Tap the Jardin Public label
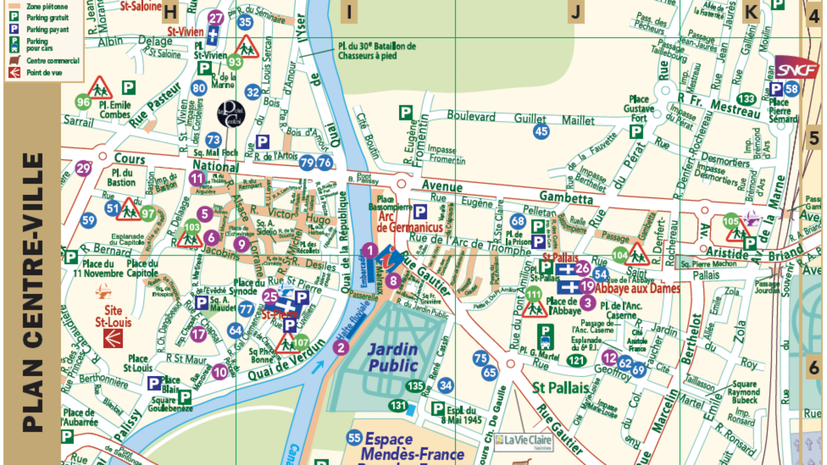tap(393, 357)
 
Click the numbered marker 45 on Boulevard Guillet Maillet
tap(541, 131)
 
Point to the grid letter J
tap(576, 12)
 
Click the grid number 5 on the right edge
tap(813, 138)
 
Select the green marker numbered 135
tap(415, 386)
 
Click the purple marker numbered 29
tap(83, 168)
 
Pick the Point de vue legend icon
tap(14, 72)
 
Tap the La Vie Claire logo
tap(523, 441)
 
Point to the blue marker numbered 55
tap(354, 438)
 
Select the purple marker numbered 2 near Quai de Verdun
tap(341, 347)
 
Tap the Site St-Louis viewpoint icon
tap(113, 339)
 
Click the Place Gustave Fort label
tap(639, 108)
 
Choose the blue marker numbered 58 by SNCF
tap(791, 89)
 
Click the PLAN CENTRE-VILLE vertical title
tap(33, 293)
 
